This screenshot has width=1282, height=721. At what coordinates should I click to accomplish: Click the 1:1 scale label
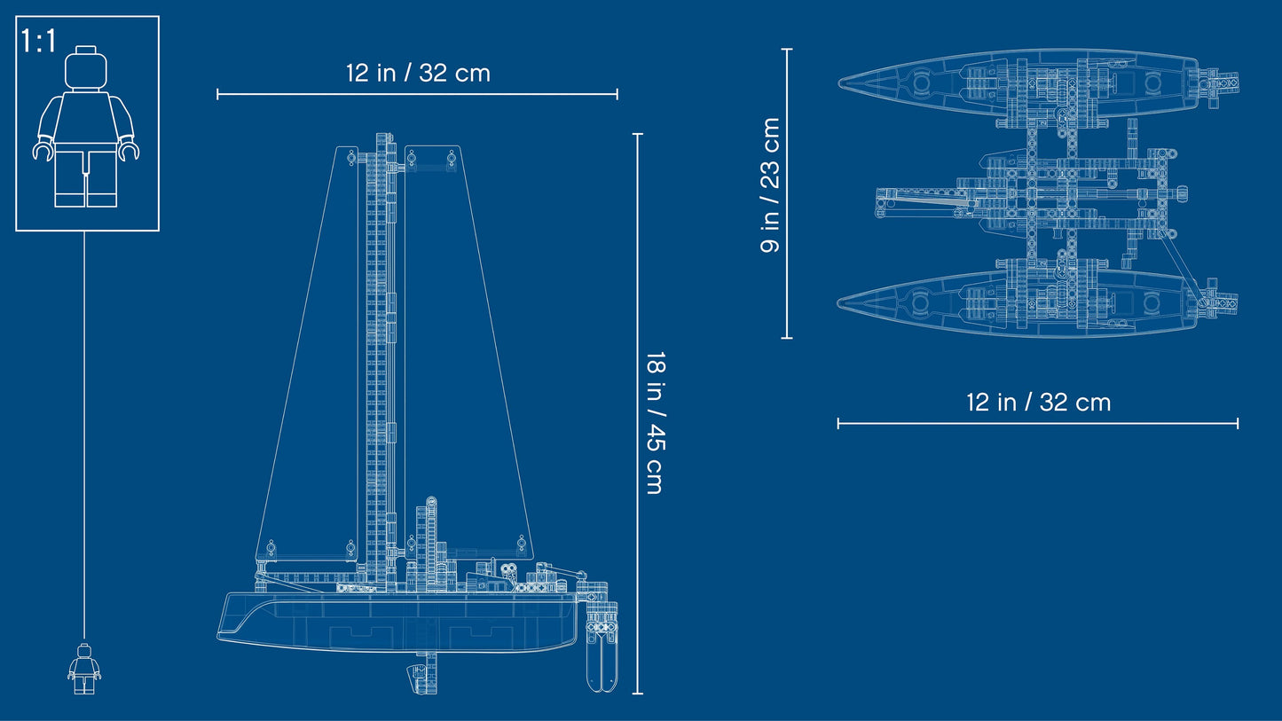pos(39,41)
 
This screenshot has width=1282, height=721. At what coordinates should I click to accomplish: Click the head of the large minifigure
pos(86,67)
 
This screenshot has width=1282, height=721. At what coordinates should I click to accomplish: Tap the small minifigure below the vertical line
pos(84,669)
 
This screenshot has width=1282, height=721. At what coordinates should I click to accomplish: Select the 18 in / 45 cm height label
pos(655,423)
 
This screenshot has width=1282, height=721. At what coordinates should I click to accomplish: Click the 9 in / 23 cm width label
pos(770,184)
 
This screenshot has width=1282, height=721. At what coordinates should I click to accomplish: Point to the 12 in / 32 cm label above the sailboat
pos(418,74)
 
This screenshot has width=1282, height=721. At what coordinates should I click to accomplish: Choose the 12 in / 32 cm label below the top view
pos(1038,403)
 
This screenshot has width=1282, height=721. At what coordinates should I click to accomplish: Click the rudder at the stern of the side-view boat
pos(602,647)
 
